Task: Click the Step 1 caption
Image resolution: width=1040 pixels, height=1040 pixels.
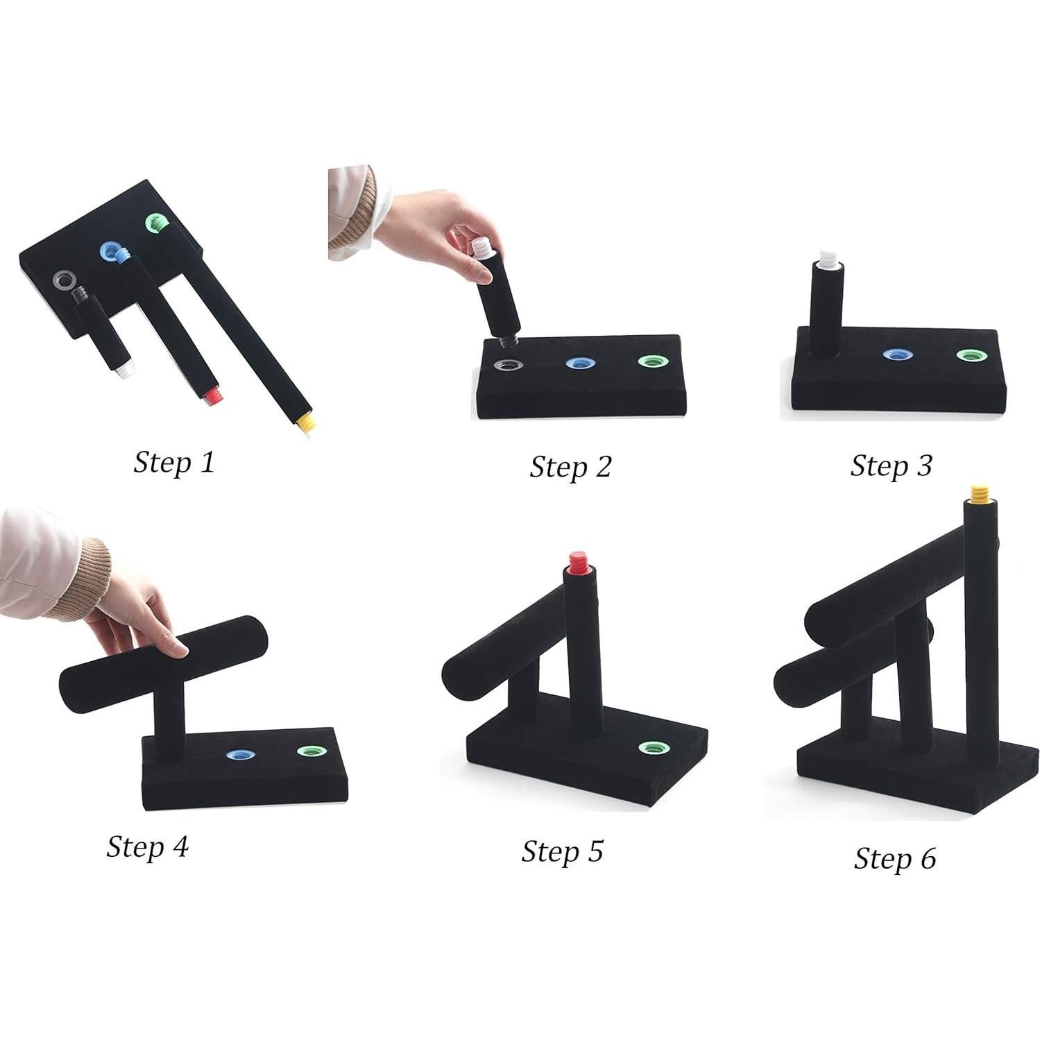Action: click(174, 462)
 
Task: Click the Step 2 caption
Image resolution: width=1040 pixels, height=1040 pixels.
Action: click(570, 466)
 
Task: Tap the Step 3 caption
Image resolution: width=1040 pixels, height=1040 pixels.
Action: click(891, 466)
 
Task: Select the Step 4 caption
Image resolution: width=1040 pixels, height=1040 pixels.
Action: click(147, 846)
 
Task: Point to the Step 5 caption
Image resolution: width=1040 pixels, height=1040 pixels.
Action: click(562, 851)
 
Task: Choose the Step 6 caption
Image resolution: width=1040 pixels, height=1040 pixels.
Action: click(894, 858)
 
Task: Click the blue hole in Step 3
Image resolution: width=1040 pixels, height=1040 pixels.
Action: click(897, 355)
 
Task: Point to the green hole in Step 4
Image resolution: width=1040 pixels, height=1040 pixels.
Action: click(311, 751)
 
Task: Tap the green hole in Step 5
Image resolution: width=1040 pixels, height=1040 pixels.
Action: click(651, 747)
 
